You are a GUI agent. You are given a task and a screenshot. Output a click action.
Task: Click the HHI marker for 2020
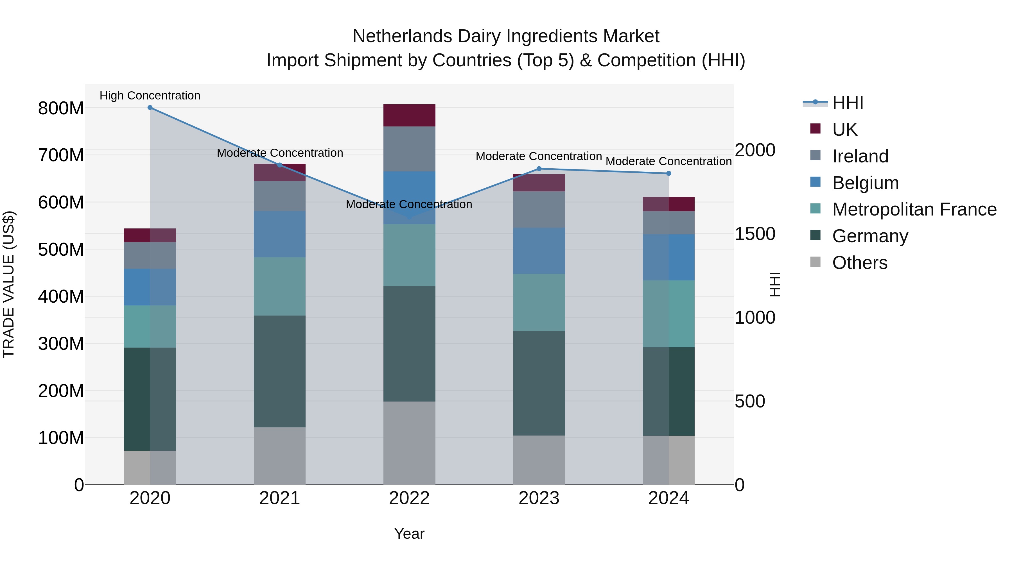[150, 108]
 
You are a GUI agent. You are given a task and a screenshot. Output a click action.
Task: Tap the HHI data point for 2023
[539, 169]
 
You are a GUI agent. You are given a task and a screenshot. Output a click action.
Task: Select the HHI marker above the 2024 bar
[669, 174]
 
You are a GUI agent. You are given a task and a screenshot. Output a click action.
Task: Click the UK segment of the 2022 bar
[409, 115]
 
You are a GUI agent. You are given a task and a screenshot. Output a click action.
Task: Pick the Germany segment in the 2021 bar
[280, 371]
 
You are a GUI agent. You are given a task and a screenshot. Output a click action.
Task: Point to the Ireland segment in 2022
[409, 149]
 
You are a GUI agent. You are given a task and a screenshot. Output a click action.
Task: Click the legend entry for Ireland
[860, 156]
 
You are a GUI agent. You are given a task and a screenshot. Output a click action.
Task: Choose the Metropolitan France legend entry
[914, 210]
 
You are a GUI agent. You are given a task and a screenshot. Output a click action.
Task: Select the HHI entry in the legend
[847, 103]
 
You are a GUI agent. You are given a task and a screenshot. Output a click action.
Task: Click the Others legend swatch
[816, 262]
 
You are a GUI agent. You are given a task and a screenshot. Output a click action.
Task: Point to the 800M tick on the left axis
[61, 108]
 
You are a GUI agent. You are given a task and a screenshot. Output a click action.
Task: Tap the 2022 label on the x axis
[409, 498]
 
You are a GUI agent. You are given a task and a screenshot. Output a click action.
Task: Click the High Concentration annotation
[150, 96]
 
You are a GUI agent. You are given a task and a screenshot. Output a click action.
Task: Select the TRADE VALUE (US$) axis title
[9, 284]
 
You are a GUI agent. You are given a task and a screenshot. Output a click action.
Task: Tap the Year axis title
[409, 534]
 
